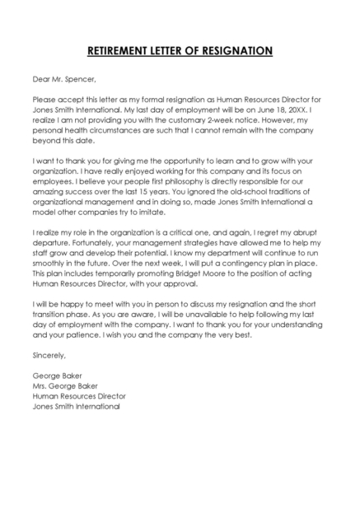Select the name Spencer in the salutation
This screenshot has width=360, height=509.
tap(79, 80)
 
